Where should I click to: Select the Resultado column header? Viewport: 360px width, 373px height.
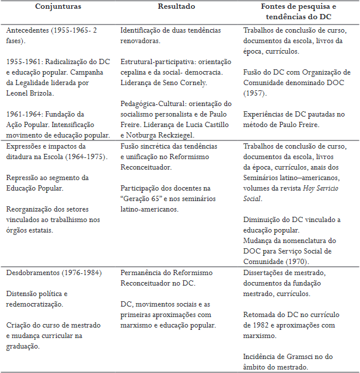tap(176, 6)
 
